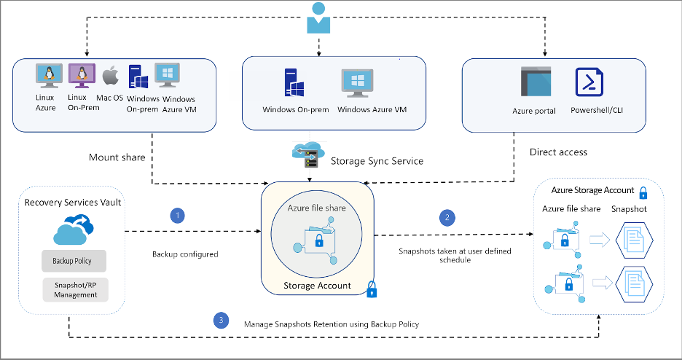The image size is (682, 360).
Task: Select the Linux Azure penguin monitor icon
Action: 47,75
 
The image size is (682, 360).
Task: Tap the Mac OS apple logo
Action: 109,76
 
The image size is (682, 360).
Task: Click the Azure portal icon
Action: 534,82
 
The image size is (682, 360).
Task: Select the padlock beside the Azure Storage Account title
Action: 644,192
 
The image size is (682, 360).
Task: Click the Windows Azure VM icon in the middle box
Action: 358,85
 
